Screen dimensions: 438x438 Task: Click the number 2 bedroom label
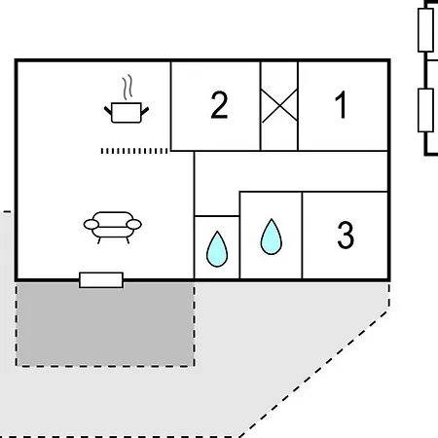(x=219, y=105)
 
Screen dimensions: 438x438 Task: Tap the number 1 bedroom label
(x=341, y=104)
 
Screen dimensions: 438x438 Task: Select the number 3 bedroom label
(x=346, y=235)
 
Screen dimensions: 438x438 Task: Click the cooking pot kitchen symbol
(x=127, y=112)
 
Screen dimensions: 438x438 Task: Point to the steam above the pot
(x=128, y=87)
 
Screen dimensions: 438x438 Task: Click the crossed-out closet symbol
(x=279, y=106)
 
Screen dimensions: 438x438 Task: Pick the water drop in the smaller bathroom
(x=217, y=249)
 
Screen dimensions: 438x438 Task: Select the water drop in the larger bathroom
(x=272, y=237)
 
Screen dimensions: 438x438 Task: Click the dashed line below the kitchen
(x=134, y=151)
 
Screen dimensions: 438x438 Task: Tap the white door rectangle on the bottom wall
(x=101, y=280)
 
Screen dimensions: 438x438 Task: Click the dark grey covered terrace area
(x=105, y=324)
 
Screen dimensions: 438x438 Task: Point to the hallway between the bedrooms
(x=291, y=171)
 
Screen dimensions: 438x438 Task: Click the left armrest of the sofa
(x=91, y=224)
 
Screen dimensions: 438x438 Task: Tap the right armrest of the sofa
(x=134, y=224)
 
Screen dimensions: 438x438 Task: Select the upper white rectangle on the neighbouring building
(x=425, y=30)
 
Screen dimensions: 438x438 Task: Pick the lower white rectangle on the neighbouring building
(x=425, y=110)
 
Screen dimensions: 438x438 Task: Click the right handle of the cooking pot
(x=145, y=111)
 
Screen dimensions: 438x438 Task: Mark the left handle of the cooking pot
(x=108, y=111)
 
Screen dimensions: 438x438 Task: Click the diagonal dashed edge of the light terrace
(x=313, y=374)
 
